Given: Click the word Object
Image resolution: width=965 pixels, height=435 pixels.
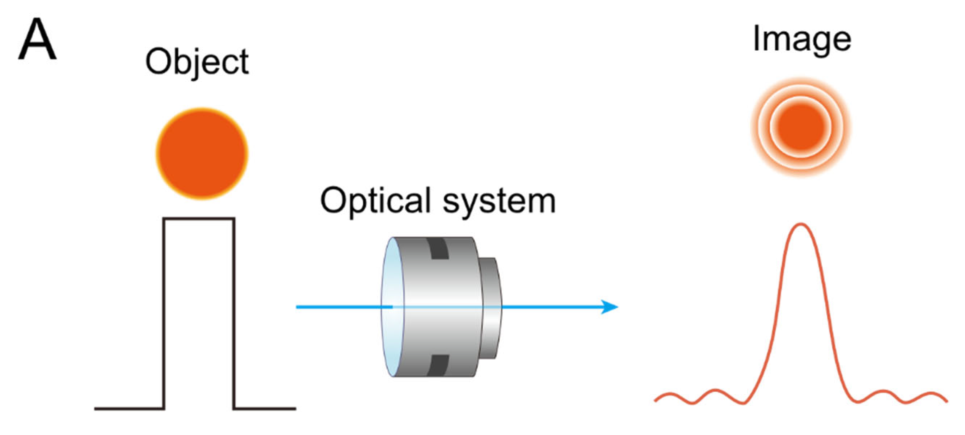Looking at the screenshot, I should [x=197, y=62].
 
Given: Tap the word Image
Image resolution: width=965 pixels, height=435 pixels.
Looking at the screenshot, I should [x=802, y=39].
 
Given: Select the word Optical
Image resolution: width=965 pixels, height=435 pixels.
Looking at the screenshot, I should [x=375, y=201].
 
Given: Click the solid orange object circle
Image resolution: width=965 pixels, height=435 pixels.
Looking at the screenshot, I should [x=202, y=154].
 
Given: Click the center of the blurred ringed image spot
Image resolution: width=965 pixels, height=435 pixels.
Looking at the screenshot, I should [x=801, y=127].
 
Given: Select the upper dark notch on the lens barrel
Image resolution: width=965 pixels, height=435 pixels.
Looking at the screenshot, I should [x=438, y=248].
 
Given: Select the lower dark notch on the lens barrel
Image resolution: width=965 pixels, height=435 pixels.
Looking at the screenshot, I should [x=438, y=365].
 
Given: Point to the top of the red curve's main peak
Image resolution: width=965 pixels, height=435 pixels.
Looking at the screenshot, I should [x=801, y=224].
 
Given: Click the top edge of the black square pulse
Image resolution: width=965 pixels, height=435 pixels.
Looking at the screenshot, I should [x=199, y=219].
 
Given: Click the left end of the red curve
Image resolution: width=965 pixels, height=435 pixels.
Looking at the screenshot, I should [x=655, y=401].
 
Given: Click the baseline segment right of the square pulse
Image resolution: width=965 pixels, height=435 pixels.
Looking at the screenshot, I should [x=265, y=408].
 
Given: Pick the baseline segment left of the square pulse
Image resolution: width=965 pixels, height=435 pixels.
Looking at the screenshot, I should [x=129, y=408].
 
